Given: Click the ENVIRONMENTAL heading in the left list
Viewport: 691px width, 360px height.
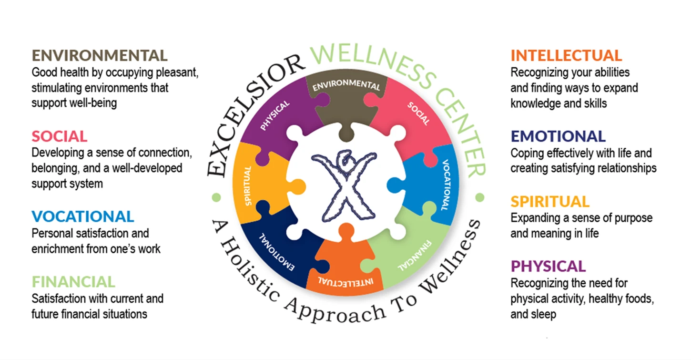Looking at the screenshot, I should coord(100,55).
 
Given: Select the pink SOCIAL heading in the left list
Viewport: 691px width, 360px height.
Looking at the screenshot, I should coord(60,136).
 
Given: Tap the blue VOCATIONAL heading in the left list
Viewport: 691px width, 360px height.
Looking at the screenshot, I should coord(83,216).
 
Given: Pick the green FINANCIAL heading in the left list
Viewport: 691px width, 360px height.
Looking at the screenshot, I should coord(73,281).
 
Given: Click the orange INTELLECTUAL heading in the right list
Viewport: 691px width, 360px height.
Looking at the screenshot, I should coord(566,55).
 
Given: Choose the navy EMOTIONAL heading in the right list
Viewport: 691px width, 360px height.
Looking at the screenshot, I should coord(558,136).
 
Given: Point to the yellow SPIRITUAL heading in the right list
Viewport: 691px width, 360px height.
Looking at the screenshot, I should coord(550,201).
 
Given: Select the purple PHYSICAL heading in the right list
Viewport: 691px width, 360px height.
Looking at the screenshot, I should coord(548,266).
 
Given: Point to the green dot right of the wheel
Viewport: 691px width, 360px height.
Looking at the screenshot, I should coord(479,196).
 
